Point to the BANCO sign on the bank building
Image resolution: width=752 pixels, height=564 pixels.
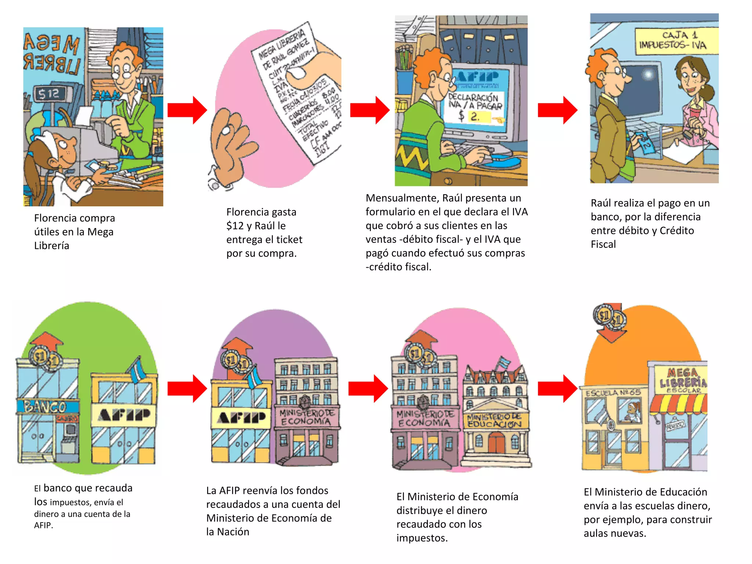(x=46, y=407)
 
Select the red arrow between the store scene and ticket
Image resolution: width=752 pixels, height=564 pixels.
(x=187, y=110)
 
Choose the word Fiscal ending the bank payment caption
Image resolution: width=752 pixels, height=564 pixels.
(x=603, y=245)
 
